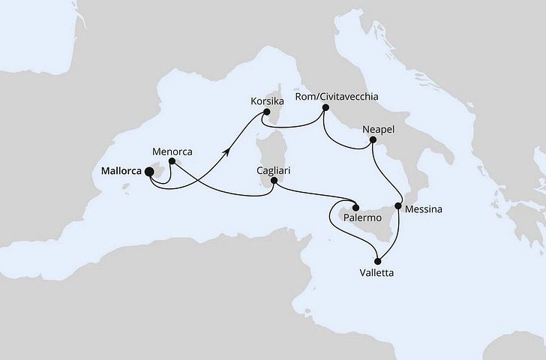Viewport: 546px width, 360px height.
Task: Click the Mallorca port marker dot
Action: (148, 172)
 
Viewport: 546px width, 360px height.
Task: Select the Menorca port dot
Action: (172, 161)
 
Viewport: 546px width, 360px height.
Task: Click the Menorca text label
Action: (172, 151)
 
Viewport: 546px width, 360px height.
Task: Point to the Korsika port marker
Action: (265, 114)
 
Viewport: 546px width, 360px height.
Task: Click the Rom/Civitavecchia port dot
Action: (325, 108)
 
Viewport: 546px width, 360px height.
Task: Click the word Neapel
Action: (378, 129)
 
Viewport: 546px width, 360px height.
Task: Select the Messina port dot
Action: (399, 206)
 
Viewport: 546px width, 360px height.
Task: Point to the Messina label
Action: (423, 211)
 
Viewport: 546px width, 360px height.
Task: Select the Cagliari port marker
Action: (274, 181)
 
